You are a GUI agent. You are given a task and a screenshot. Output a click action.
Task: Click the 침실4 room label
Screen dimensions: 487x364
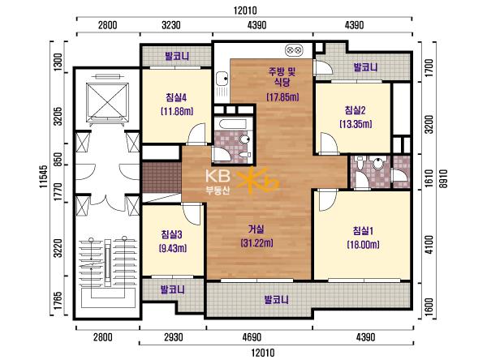(x=176, y=98)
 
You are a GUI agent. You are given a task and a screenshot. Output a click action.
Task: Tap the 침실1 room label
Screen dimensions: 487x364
(x=363, y=231)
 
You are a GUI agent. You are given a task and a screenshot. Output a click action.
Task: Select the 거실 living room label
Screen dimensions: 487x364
(x=256, y=229)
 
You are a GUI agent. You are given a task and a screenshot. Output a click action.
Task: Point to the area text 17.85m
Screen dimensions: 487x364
(x=282, y=97)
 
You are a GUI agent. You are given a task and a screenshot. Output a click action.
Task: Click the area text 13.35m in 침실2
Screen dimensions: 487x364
(x=356, y=124)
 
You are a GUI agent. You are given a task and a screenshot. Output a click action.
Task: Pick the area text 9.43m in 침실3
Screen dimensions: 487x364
(x=172, y=248)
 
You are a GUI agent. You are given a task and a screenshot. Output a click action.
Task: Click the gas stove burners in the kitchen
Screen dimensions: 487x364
(x=294, y=49)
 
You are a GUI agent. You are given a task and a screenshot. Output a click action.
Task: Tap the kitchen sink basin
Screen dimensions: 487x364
(x=222, y=79)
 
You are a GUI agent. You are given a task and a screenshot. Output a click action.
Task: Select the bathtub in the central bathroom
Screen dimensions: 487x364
(x=233, y=124)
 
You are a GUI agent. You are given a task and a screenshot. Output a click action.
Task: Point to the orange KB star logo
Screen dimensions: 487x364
(x=257, y=181)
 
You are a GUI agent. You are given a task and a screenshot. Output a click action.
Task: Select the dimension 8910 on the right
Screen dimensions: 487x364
(x=443, y=178)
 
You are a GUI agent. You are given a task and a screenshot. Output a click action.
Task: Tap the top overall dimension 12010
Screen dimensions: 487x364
(x=245, y=11)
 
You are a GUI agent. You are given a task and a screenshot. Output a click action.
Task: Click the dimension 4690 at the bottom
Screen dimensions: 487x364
(x=251, y=337)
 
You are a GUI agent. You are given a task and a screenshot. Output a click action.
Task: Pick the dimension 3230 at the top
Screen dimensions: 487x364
(x=171, y=25)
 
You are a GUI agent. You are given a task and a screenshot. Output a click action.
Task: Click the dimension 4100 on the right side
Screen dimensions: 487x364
(x=429, y=245)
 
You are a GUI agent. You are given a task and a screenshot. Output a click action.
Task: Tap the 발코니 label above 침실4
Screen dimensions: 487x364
(x=177, y=56)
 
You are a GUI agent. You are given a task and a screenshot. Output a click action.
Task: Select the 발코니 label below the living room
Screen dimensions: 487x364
(x=276, y=300)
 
